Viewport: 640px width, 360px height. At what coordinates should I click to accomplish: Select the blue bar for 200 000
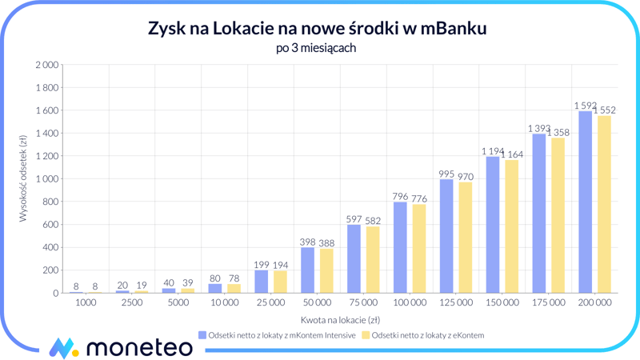tap(585, 202)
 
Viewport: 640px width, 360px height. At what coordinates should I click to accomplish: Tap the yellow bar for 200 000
tap(604, 204)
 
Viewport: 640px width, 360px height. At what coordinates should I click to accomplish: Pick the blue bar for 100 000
tap(400, 247)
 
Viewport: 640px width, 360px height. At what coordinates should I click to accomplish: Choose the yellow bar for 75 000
tap(373, 259)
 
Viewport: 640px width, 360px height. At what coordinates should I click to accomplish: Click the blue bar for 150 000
tap(493, 225)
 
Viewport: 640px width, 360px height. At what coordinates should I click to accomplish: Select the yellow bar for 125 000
tap(466, 238)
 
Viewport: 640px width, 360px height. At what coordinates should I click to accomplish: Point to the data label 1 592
tap(585, 105)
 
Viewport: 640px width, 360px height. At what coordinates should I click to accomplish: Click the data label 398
tap(307, 242)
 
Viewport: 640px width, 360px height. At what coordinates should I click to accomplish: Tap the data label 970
tap(466, 177)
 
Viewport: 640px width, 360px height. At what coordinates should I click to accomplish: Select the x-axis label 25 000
tap(270, 303)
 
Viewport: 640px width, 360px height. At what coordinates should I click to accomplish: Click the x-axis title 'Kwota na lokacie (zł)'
tap(340, 320)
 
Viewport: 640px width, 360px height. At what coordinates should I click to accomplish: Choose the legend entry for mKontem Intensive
tap(276, 335)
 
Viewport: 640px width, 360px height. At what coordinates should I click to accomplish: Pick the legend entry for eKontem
tap(422, 335)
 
